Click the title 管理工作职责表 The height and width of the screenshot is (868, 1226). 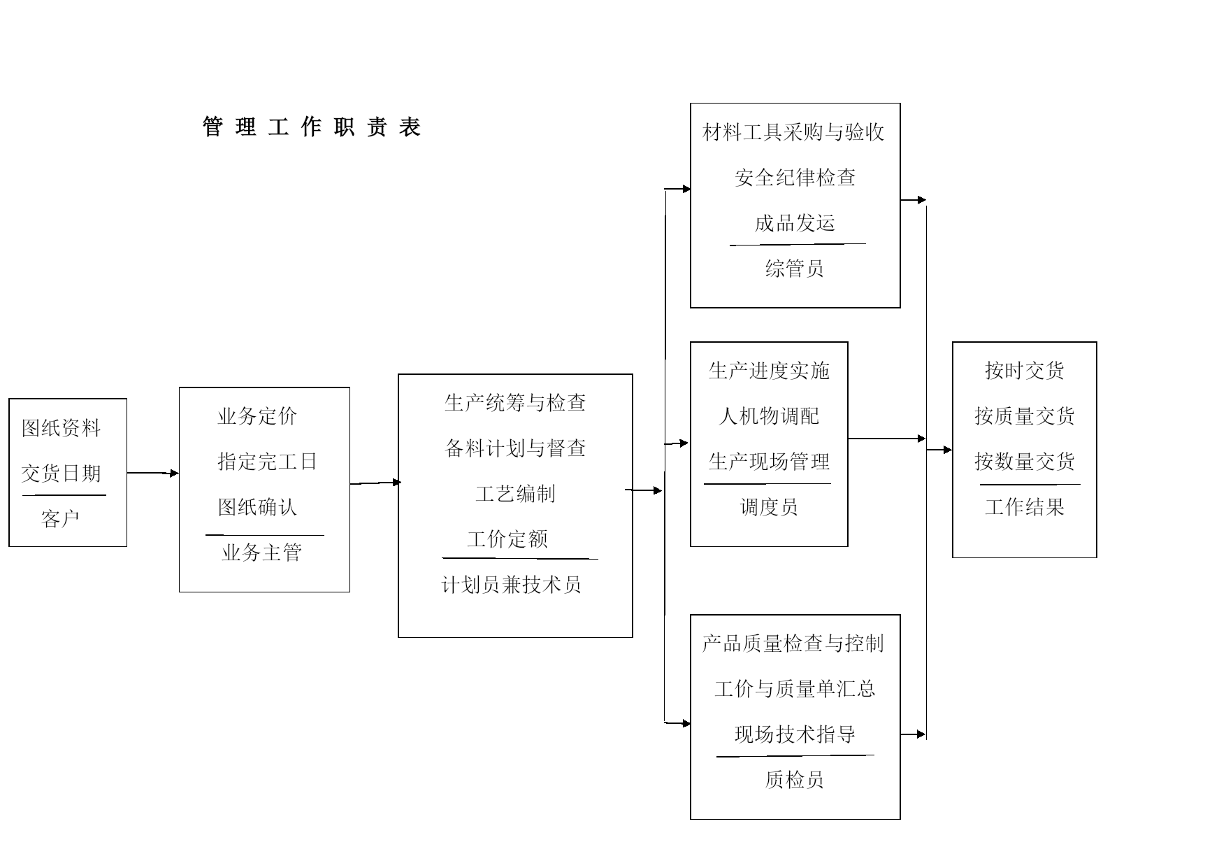312,127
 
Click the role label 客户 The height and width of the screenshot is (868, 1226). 61,519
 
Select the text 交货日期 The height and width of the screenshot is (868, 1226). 62,474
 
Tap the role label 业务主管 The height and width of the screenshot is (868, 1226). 262,553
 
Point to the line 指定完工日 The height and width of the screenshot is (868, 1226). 268,462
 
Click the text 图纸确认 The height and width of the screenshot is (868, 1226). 258,507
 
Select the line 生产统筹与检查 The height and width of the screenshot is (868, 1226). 515,403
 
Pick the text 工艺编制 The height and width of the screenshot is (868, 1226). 515,494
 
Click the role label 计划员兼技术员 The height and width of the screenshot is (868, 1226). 512,585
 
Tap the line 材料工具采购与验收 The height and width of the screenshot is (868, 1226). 794,132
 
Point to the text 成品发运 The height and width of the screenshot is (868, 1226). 795,223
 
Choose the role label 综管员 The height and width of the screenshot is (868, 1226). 795,269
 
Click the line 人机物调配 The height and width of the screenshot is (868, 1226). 769,416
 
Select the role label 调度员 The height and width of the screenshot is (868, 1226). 769,507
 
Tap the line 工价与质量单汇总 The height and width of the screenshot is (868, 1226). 795,689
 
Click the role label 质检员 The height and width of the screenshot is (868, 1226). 795,779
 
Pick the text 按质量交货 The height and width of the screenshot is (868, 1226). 1025,416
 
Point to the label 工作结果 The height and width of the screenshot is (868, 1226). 1025,507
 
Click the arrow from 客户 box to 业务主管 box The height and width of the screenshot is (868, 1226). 153,474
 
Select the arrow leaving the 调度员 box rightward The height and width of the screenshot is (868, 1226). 887,439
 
